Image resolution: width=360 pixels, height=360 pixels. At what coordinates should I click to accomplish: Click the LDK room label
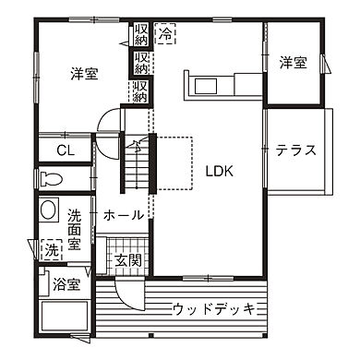219,172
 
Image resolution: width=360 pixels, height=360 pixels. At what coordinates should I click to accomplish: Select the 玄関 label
128,261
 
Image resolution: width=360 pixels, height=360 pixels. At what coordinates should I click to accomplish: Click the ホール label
123,215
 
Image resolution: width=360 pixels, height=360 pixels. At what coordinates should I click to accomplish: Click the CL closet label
66,150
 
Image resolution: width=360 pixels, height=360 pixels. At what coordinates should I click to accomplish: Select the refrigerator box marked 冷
165,35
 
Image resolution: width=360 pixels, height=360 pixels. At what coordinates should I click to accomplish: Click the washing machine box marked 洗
51,249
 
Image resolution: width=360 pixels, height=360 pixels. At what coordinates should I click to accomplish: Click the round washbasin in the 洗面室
49,210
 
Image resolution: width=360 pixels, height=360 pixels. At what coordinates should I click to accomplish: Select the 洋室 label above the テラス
293,62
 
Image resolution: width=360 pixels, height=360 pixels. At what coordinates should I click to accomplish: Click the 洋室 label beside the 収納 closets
85,74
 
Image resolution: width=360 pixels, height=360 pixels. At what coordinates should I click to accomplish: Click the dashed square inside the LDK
174,162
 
